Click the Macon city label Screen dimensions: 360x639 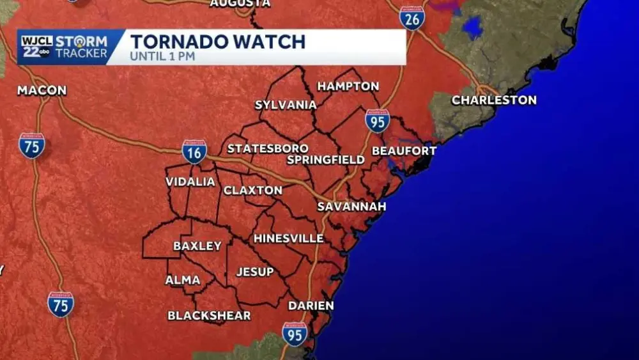pyautogui.click(x=42, y=90)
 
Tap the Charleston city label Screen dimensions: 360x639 pyautogui.click(x=494, y=100)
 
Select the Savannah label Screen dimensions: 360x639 pyautogui.click(x=352, y=207)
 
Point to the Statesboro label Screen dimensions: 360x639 pyautogui.click(x=268, y=148)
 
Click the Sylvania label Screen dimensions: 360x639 pyautogui.click(x=286, y=105)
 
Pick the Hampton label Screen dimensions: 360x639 pyautogui.click(x=348, y=86)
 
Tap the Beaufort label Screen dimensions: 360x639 pyautogui.click(x=404, y=151)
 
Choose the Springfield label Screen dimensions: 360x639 pyautogui.click(x=325, y=159)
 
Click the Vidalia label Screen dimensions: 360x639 pyautogui.click(x=190, y=182)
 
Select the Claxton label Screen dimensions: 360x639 pyautogui.click(x=253, y=191)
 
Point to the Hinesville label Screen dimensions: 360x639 pyautogui.click(x=289, y=239)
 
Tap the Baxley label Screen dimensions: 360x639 pyautogui.click(x=197, y=246)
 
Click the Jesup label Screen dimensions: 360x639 pyautogui.click(x=255, y=272)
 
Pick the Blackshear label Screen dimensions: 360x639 pyautogui.click(x=209, y=315)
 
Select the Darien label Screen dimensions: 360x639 pyautogui.click(x=311, y=306)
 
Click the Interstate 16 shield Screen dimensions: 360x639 pyautogui.click(x=194, y=152)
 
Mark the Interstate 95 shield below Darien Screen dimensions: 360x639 pyautogui.click(x=295, y=334)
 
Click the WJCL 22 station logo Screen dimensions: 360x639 pyautogui.click(x=36, y=47)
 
